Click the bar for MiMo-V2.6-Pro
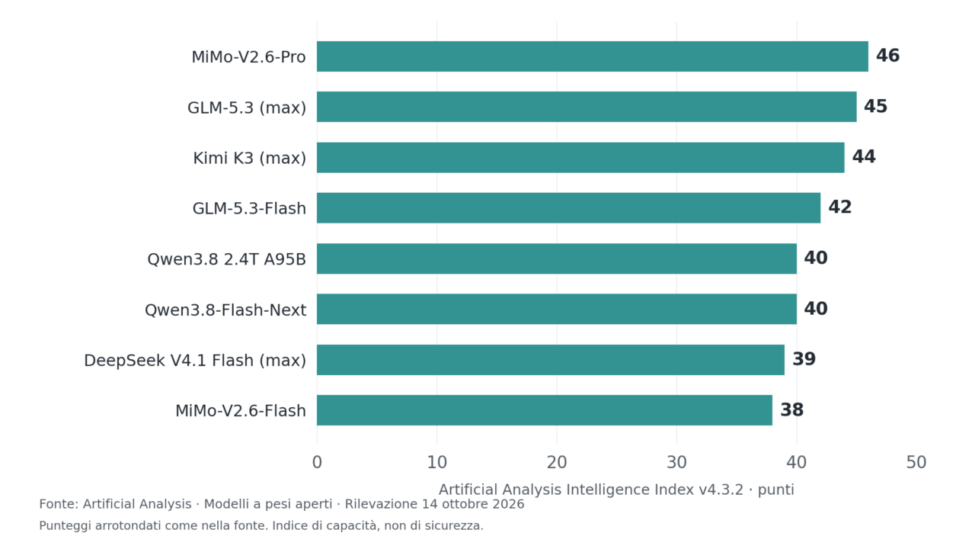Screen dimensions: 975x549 (593, 56)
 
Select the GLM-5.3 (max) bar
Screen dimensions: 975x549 (587, 107)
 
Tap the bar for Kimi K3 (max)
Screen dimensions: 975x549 (580, 157)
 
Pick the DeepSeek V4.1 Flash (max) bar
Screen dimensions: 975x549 (551, 360)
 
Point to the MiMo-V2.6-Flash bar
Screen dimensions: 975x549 (545, 410)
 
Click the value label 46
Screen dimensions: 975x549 (888, 56)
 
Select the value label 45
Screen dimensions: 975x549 (876, 106)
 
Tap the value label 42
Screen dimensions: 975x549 (840, 207)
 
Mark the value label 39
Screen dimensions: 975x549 (804, 359)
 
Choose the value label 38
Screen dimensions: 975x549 (792, 410)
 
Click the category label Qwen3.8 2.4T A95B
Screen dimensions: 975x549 (227, 259)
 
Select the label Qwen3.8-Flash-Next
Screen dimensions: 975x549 (225, 310)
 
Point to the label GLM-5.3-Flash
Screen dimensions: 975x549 (249, 209)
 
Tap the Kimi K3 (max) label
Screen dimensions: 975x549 (250, 158)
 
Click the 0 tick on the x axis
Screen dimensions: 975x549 (317, 462)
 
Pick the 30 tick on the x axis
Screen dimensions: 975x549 (677, 462)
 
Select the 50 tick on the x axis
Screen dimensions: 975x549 (916, 462)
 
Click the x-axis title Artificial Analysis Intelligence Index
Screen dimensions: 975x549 (566, 490)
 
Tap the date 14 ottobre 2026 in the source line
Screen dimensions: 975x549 (473, 504)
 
